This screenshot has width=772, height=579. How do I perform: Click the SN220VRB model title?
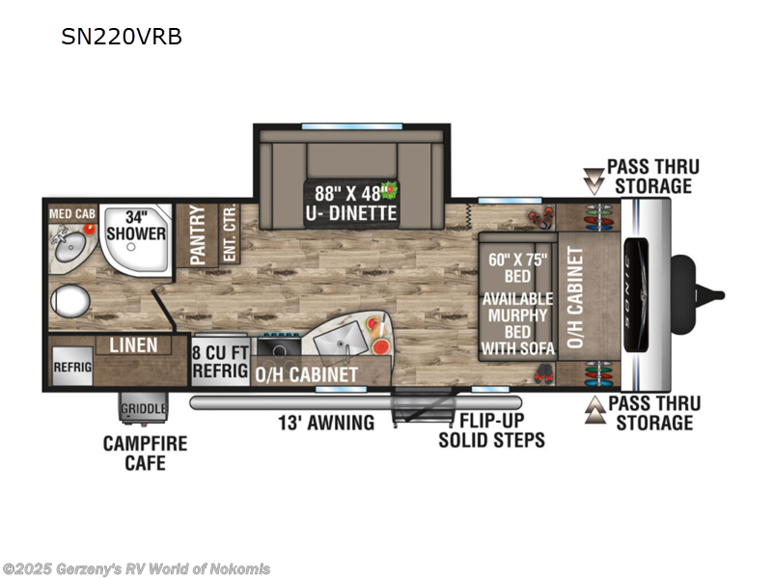[x=121, y=38]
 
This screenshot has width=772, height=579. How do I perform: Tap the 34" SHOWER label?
[x=135, y=225]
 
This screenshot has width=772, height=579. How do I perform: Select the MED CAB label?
[x=72, y=211]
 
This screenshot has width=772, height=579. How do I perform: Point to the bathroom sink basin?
[x=70, y=249]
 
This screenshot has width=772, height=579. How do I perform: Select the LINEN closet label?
[x=133, y=345]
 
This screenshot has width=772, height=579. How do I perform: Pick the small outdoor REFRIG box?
[x=71, y=367]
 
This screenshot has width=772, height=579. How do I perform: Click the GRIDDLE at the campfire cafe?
[x=143, y=409]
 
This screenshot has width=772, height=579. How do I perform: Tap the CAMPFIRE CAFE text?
[x=145, y=454]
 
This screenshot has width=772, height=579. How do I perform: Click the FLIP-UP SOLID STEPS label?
[x=491, y=430]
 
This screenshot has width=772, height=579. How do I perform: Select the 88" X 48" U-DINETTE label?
[x=350, y=202]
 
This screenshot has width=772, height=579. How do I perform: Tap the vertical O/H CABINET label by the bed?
[x=576, y=296]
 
